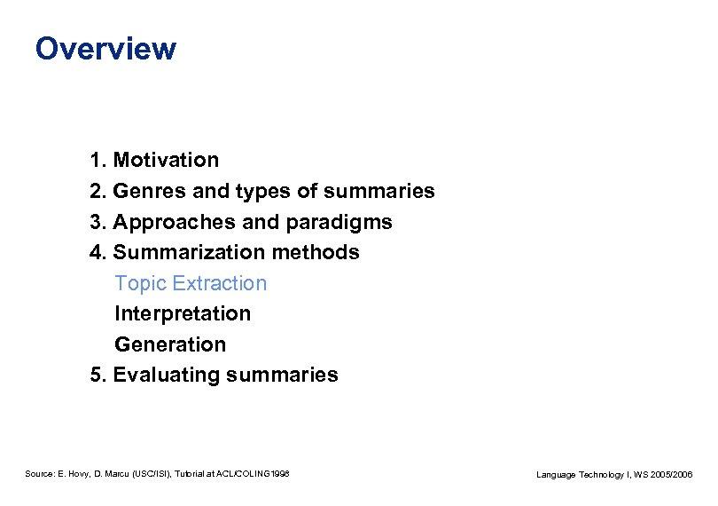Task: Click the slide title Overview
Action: tap(105, 48)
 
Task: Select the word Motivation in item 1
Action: tap(166, 161)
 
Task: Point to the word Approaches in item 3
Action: tap(168, 222)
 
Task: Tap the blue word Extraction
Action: tap(220, 283)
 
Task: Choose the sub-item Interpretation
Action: tap(183, 313)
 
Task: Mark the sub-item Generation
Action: tap(170, 344)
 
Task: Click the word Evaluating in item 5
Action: tap(166, 375)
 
